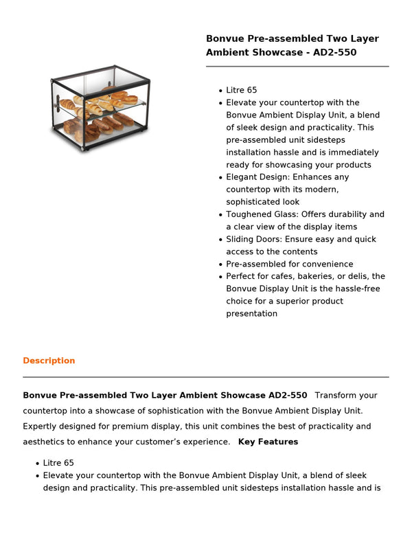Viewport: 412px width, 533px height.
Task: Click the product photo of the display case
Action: pyautogui.click(x=100, y=109)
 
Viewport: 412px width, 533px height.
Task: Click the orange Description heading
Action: pyautogui.click(x=49, y=361)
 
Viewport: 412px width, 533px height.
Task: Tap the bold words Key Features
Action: pyautogui.click(x=268, y=442)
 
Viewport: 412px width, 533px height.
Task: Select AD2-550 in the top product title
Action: pyautogui.click(x=335, y=52)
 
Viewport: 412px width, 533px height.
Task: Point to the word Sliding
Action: pyautogui.click(x=242, y=239)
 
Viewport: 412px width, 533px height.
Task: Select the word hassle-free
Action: pyautogui.click(x=357, y=288)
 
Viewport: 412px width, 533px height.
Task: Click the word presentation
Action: pyautogui.click(x=252, y=313)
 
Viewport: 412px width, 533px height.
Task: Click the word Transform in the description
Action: pyautogui.click(x=336, y=395)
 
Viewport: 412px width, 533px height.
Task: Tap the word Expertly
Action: pyautogui.click(x=41, y=427)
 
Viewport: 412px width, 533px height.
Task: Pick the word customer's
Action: pyautogui.click(x=154, y=442)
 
